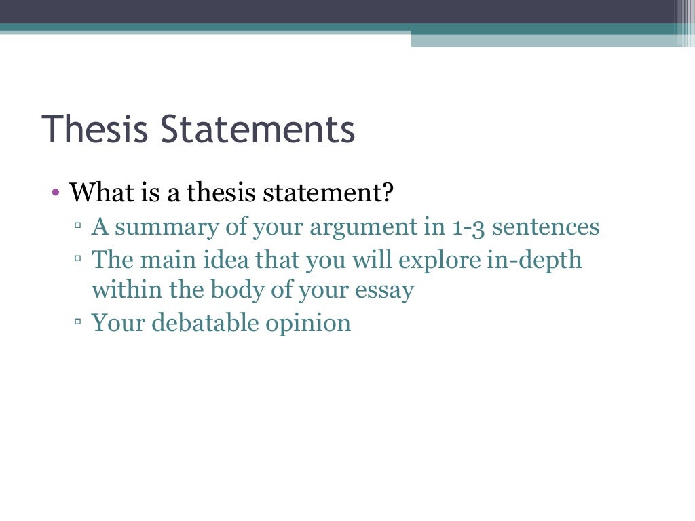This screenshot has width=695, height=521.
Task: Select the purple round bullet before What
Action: coord(56,193)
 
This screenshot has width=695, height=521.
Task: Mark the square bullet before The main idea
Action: coord(78,258)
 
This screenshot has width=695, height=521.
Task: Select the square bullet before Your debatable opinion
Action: coord(78,323)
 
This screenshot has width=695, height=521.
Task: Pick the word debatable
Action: coord(205,323)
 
